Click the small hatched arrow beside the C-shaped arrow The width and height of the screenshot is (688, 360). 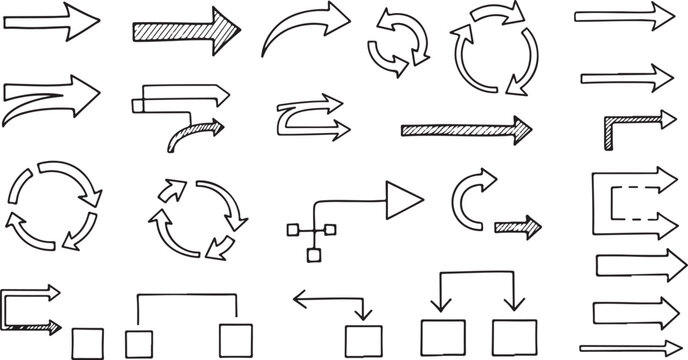click(x=518, y=226)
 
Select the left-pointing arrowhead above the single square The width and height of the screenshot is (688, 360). click(x=301, y=297)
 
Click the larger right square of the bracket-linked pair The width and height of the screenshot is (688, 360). click(x=235, y=337)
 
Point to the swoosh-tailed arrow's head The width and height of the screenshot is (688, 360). click(x=84, y=92)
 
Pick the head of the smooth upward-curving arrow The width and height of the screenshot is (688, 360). click(x=333, y=18)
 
